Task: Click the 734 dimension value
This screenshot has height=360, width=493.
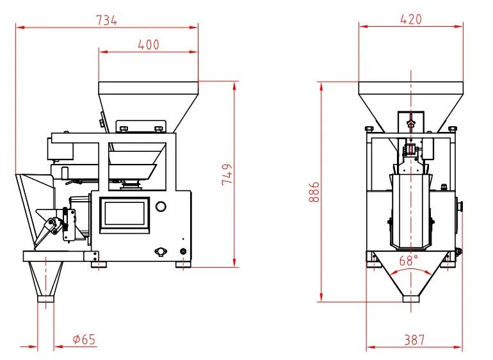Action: tap(107, 20)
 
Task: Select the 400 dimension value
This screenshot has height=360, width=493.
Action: tap(148, 45)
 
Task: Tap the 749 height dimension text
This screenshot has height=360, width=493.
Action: tap(227, 174)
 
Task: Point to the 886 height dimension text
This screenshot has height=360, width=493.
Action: tap(314, 191)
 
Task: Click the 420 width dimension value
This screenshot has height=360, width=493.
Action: tap(410, 19)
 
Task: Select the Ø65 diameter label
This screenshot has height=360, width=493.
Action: tap(84, 340)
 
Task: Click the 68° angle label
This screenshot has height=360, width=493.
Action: tap(408, 261)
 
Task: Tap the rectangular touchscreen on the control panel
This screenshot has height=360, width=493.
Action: tap(124, 211)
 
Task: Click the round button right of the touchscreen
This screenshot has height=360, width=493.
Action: tap(161, 206)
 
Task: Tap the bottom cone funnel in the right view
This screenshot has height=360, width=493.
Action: tap(412, 282)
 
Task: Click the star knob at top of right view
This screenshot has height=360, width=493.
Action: tap(410, 121)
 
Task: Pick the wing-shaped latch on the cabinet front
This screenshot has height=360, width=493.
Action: tap(158, 250)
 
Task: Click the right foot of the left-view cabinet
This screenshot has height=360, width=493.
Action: tap(183, 263)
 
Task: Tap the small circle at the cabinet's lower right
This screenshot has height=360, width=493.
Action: tap(184, 250)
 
